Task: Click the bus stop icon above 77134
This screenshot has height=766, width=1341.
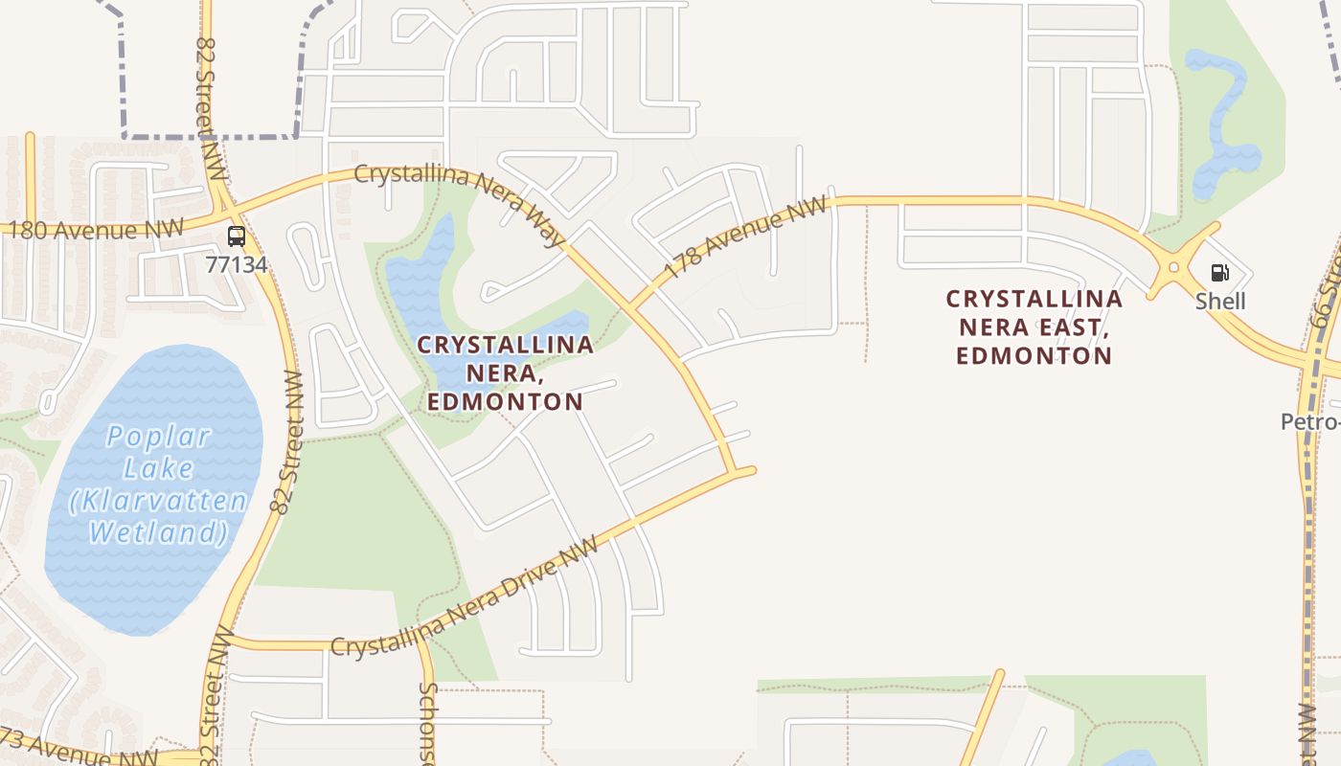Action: point(237,236)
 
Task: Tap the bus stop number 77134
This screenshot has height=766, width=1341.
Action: point(237,263)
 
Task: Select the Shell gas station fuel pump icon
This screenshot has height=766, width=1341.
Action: point(1219,274)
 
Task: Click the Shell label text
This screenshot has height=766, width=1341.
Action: point(1219,301)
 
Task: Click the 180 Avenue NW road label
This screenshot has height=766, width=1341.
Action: point(93,231)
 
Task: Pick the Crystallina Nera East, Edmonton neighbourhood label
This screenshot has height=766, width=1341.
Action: point(1034,327)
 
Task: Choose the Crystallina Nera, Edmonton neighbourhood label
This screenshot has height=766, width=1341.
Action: point(505,372)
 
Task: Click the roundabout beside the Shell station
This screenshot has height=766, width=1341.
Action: point(1173,267)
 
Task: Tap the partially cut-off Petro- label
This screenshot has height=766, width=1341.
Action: point(1311,421)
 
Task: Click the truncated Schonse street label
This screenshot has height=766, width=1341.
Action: point(427,723)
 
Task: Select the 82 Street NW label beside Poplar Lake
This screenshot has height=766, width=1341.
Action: point(286,442)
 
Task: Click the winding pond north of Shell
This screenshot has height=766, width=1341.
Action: point(1221,124)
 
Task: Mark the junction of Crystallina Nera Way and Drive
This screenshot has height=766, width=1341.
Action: point(737,471)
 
